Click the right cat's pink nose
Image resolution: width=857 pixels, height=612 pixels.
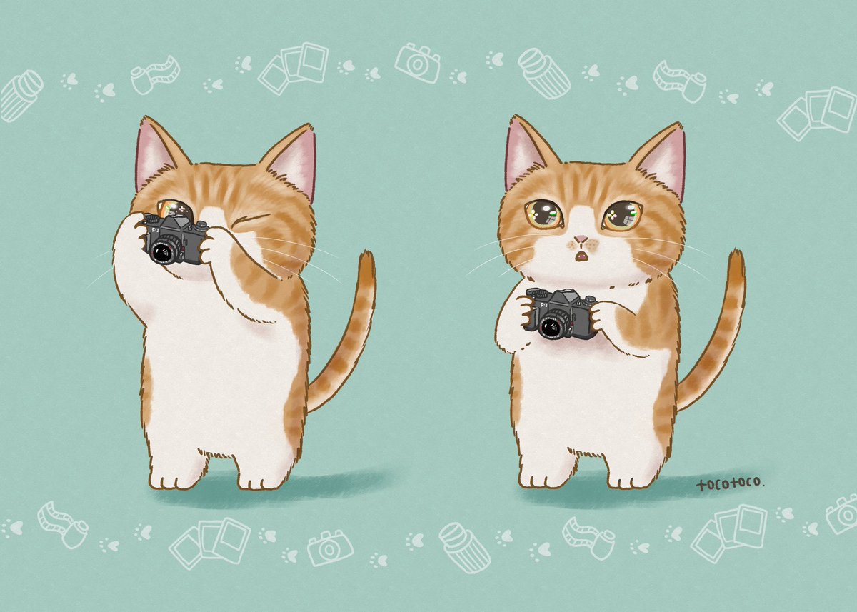(581, 239)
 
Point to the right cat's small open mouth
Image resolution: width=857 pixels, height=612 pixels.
(581, 256)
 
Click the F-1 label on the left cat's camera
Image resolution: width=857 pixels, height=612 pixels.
(156, 230)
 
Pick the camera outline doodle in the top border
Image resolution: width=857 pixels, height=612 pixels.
(417, 62)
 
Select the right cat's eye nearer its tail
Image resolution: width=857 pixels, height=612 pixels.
(623, 216)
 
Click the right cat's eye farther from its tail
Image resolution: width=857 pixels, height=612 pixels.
(543, 214)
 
